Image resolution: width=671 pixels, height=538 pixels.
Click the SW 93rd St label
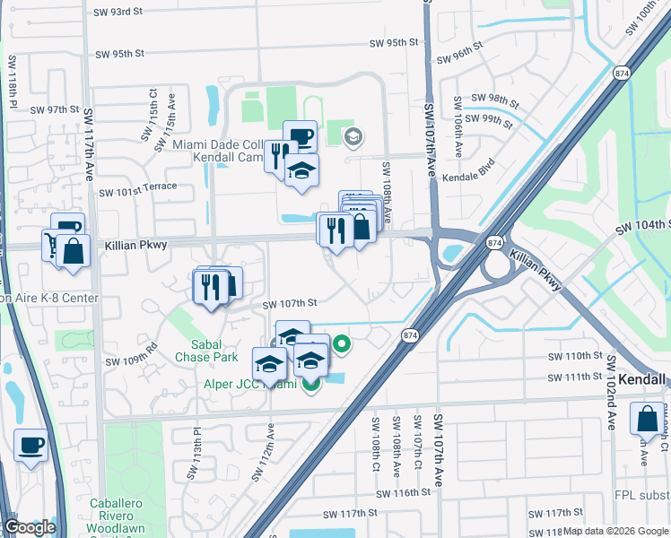pos(118,13)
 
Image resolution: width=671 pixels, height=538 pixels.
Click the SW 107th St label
pos(291,305)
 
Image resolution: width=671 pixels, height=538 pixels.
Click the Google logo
pos(30,527)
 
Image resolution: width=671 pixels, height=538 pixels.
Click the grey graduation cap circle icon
pos(353,137)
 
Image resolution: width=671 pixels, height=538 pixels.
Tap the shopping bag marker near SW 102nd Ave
pos(647,420)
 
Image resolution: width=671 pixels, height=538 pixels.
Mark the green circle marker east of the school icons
pos(342,343)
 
